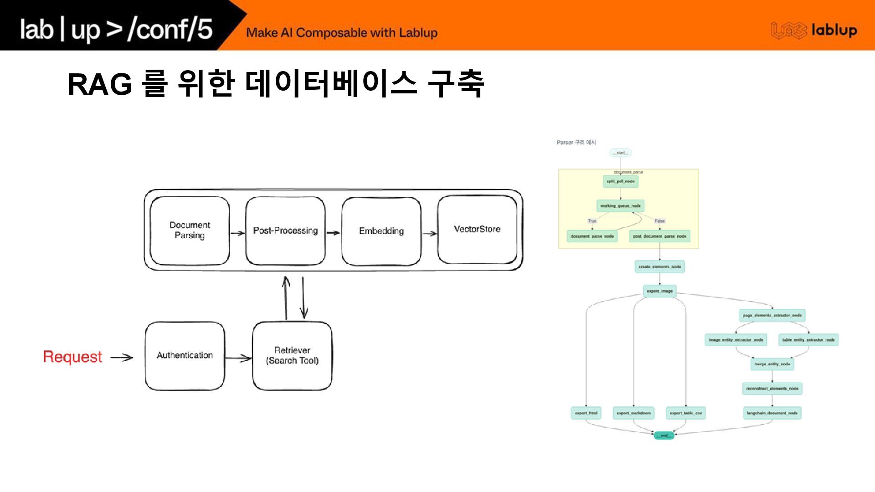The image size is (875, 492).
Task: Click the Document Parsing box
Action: pyautogui.click(x=190, y=231)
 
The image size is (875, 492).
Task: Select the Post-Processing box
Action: pyautogui.click(x=285, y=231)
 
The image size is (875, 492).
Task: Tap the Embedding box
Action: pyautogui.click(x=381, y=231)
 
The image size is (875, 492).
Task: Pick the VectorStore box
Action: pyautogui.click(x=477, y=230)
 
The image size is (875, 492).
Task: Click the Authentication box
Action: pyautogui.click(x=185, y=356)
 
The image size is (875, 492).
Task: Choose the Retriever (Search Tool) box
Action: pyautogui.click(x=292, y=356)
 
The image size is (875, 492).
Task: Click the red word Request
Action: pyautogui.click(x=72, y=357)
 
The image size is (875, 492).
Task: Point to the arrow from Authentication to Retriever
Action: pyautogui.click(x=238, y=358)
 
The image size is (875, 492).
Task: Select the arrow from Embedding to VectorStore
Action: pyautogui.click(x=429, y=234)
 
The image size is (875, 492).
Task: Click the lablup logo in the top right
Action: pyautogui.click(x=814, y=30)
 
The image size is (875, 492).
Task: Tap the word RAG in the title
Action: pyautogui.click(x=99, y=85)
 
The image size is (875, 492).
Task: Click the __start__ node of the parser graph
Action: pyautogui.click(x=620, y=153)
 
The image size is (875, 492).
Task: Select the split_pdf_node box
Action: pyautogui.click(x=620, y=181)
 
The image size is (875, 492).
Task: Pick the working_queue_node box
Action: pyautogui.click(x=620, y=206)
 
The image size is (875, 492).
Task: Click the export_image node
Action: pyautogui.click(x=659, y=291)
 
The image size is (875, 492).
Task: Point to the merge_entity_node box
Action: pyautogui.click(x=772, y=364)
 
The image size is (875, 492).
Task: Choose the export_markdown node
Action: pyautogui.click(x=633, y=413)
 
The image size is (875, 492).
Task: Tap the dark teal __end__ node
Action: pyautogui.click(x=664, y=436)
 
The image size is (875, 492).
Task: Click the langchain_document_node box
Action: pyautogui.click(x=772, y=413)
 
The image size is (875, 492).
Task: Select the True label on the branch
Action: pyautogui.click(x=592, y=221)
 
